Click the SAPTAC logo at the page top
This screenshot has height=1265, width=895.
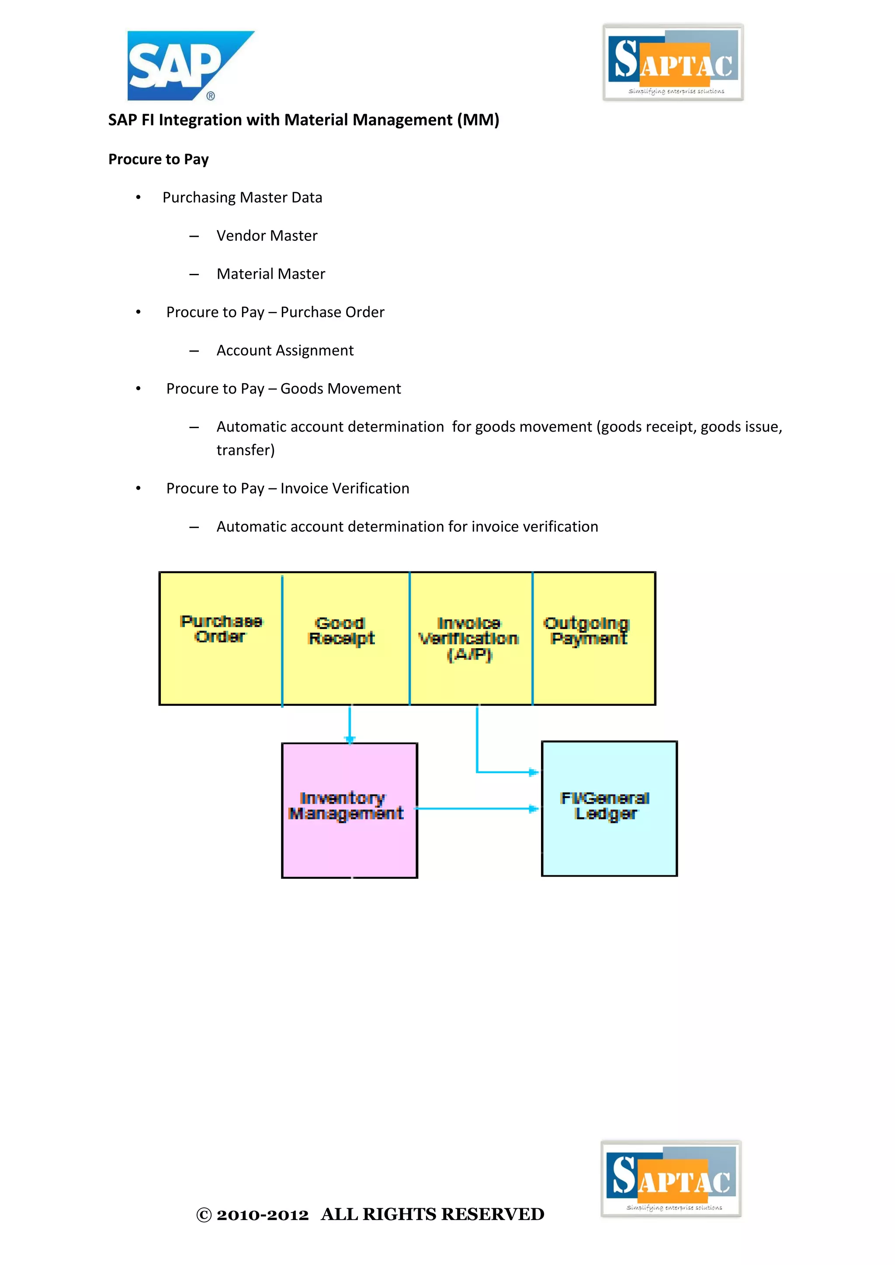[x=673, y=62]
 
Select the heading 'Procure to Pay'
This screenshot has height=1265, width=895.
[x=158, y=159]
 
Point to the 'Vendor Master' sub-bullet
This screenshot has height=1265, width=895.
[x=267, y=236]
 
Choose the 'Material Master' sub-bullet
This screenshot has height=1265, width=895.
[x=271, y=274]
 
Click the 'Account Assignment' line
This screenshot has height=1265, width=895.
[x=285, y=350]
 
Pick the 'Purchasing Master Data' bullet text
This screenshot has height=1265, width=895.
[x=242, y=197]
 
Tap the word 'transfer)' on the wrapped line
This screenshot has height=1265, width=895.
[x=245, y=450]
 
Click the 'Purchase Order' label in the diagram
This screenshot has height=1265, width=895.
[x=221, y=629]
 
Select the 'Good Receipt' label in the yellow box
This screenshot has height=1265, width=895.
[x=341, y=631]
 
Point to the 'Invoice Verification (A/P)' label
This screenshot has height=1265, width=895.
[x=469, y=639]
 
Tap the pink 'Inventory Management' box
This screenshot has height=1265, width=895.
[x=350, y=837]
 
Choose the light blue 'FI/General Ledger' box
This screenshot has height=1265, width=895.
[x=609, y=837]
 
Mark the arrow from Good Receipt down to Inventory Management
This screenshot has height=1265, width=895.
[x=350, y=723]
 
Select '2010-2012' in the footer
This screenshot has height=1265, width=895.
[x=262, y=1215]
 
